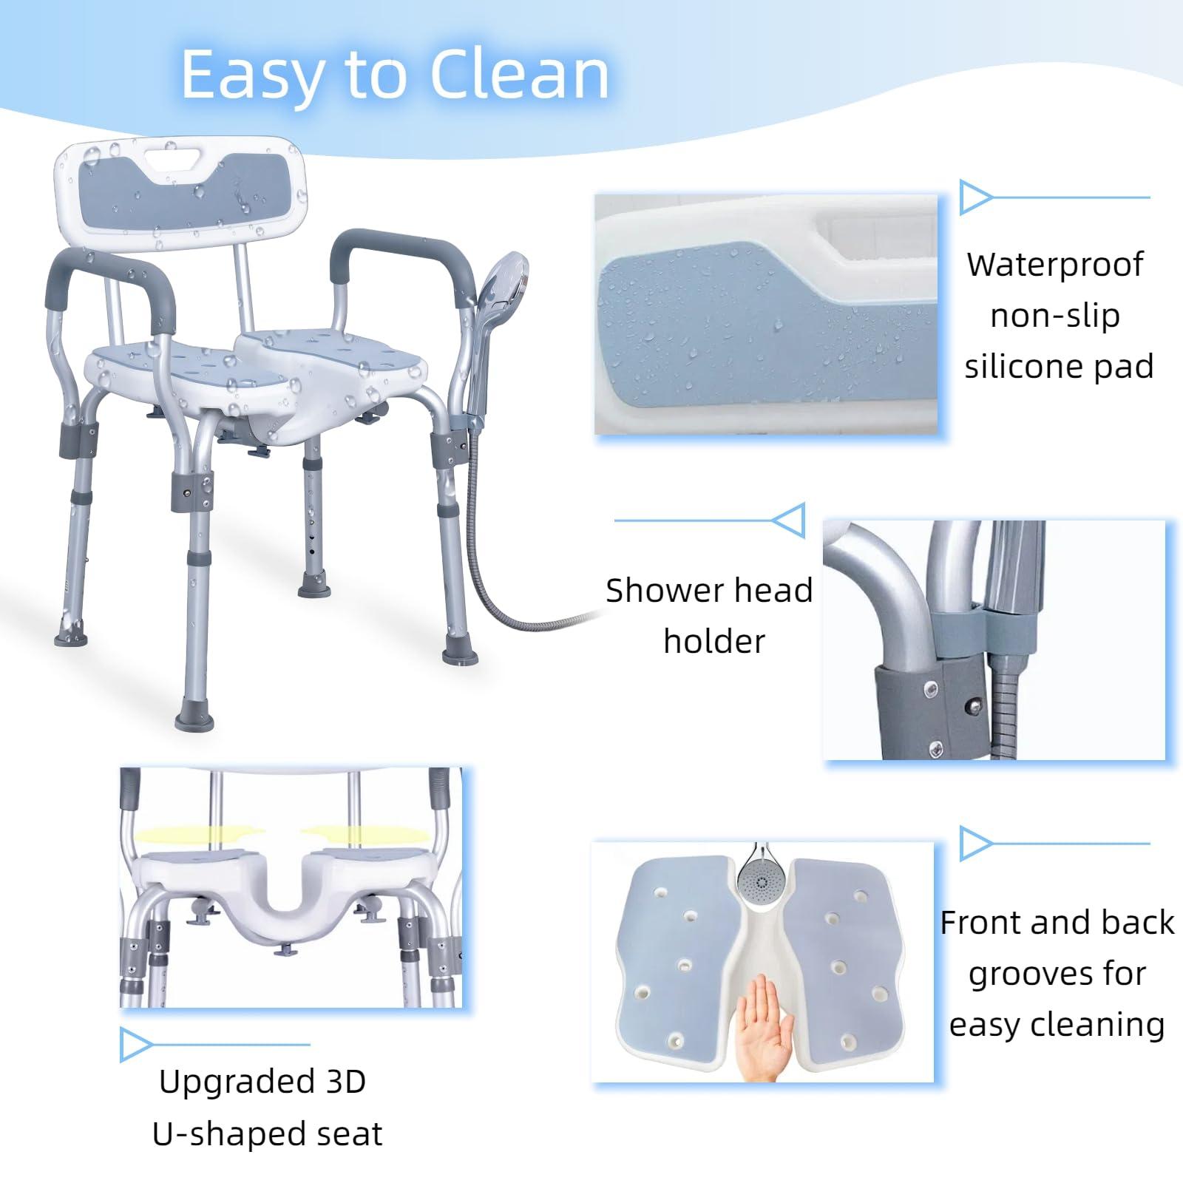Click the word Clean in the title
pos(519,75)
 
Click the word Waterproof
pos(1055,265)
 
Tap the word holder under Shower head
pos(713,642)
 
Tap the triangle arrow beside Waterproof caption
pos(975,197)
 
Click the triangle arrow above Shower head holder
pos(789,521)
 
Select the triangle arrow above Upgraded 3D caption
pos(135,1045)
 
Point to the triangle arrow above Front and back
pos(975,844)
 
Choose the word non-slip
pos(1054,316)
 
